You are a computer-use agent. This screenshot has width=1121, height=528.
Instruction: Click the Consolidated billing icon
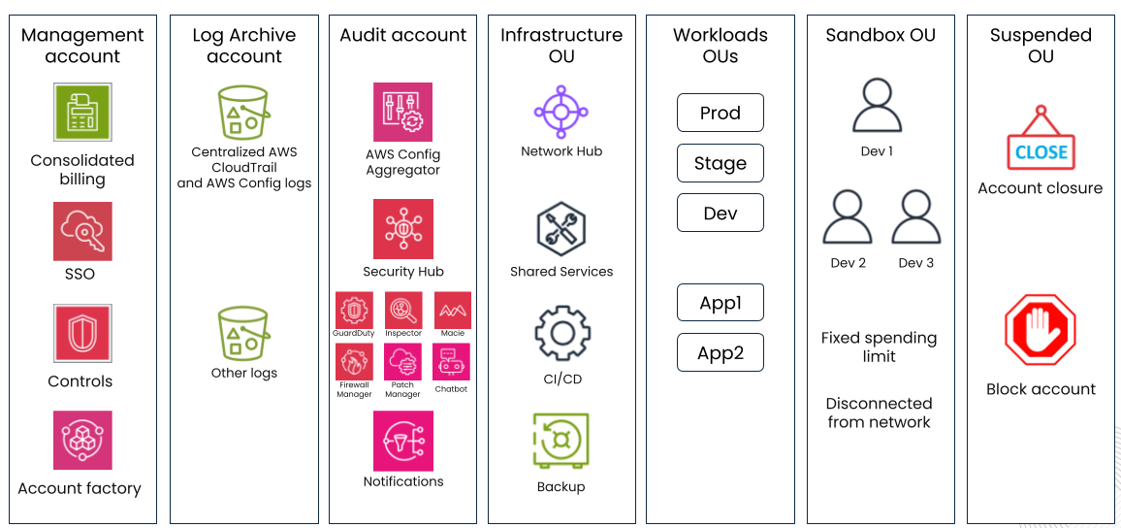(x=82, y=113)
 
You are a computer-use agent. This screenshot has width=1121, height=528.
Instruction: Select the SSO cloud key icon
(x=82, y=231)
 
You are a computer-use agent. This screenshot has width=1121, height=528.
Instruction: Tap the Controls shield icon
(x=82, y=334)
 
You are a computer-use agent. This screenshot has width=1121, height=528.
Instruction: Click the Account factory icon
(x=82, y=441)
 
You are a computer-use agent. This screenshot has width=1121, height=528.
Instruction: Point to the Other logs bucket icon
(x=243, y=334)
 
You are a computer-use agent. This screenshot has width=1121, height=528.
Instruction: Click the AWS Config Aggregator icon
(x=402, y=112)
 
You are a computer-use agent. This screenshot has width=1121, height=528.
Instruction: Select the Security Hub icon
(x=402, y=229)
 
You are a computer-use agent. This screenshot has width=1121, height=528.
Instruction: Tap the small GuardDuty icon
(x=354, y=310)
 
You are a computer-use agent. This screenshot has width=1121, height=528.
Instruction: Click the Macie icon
(x=452, y=310)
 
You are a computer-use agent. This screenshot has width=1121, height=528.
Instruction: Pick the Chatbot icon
(x=451, y=362)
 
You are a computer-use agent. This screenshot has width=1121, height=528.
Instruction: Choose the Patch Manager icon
(x=402, y=362)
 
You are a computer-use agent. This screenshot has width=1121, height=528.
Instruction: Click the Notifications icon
(x=402, y=441)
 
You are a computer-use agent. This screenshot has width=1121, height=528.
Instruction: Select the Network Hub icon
(x=560, y=113)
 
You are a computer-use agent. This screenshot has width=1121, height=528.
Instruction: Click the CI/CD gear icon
(x=560, y=334)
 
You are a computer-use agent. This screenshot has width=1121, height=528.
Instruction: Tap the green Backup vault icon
(x=560, y=442)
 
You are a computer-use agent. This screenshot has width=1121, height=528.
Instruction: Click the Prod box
(x=720, y=113)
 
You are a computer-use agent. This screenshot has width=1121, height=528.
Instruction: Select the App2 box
(x=720, y=352)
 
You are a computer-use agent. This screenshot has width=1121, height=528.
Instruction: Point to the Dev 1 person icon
(x=877, y=106)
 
